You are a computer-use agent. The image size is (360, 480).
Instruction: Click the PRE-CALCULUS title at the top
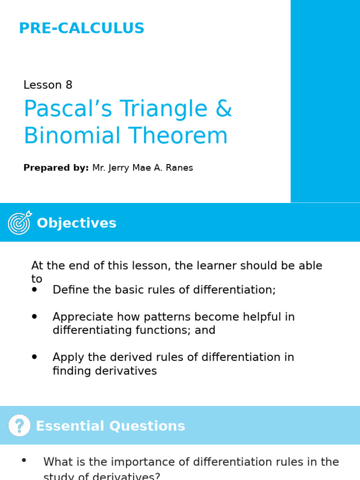point(82,29)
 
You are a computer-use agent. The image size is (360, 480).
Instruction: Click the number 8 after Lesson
point(69,85)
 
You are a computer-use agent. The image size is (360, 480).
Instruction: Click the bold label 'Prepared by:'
point(56,168)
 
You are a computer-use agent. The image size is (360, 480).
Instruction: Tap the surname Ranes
point(179,168)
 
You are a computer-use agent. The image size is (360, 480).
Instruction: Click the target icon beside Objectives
point(20,223)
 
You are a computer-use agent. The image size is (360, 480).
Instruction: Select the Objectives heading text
point(76,223)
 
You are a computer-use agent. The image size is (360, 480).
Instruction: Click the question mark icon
point(19,426)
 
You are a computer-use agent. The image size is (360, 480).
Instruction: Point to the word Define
point(68,290)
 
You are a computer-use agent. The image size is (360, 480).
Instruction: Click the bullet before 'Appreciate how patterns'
point(34,317)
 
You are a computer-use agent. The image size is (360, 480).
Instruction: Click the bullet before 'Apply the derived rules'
point(34,357)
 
